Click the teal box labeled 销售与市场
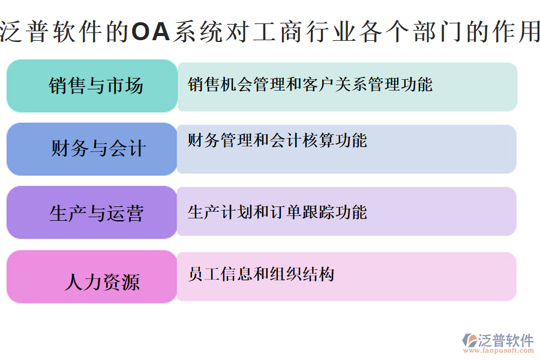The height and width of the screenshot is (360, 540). point(92,85)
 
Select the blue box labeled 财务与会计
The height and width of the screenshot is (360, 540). point(92,149)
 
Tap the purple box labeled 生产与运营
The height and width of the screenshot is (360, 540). point(92,212)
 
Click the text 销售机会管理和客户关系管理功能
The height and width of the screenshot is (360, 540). point(310,84)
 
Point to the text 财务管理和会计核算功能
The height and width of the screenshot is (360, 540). point(277,141)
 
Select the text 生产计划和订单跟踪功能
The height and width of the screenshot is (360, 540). point(277,212)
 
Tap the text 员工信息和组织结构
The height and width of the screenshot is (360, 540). point(261,275)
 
